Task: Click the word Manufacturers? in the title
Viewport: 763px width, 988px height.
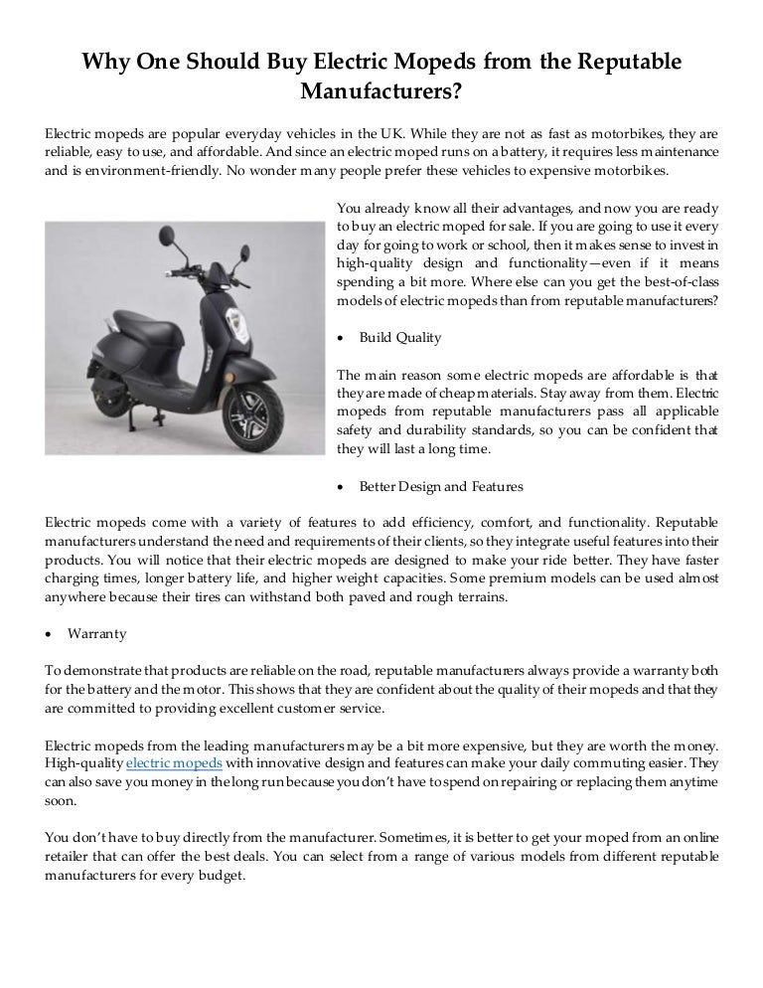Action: tap(381, 92)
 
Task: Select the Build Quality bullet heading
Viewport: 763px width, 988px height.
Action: tap(400, 338)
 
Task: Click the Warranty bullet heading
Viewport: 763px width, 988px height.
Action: tap(97, 632)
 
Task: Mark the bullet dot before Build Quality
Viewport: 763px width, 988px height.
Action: tap(342, 339)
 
